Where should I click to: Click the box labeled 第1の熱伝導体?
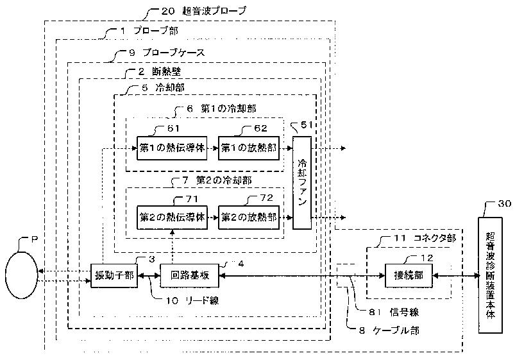pos(172,148)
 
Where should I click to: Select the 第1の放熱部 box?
pos(249,148)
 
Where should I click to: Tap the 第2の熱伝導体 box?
pos(172,218)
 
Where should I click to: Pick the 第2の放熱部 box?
pos(249,218)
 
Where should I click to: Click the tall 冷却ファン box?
pos(302,183)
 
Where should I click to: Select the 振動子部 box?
pos(114,275)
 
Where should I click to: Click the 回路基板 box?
pos(189,275)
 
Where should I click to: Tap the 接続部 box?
pos(409,275)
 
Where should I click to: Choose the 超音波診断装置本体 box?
pos(490,275)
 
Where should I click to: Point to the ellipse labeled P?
pos(21,275)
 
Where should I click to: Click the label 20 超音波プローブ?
pos(204,11)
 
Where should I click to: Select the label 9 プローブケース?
pos(167,53)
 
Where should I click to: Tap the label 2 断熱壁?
pos(160,71)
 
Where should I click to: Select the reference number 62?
pos(261,128)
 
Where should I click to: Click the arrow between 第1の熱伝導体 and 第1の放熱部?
pos(213,148)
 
